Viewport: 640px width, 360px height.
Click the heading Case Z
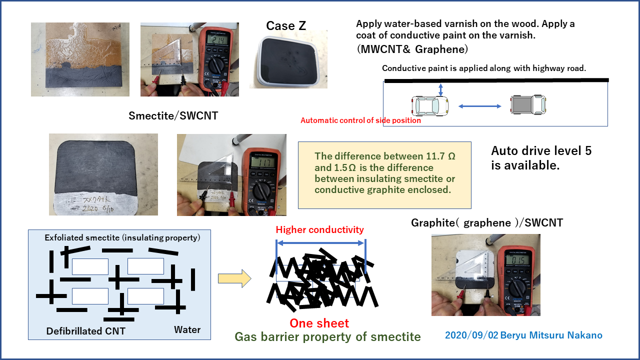[x=286, y=26]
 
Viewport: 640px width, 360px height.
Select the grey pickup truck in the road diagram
[x=528, y=105]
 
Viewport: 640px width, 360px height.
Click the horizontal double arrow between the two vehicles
[x=480, y=106]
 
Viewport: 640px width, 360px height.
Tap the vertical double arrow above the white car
[x=440, y=89]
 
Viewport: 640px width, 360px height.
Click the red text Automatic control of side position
[x=360, y=120]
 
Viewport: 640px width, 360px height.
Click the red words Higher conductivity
[x=320, y=230]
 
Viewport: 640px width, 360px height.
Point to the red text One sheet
[x=319, y=323]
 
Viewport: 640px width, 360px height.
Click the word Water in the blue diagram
[x=187, y=330]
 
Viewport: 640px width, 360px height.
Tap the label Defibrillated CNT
[x=86, y=331]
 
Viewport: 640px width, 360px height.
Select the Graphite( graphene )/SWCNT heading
[x=487, y=223]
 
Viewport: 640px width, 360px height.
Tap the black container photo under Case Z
[x=288, y=59]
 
